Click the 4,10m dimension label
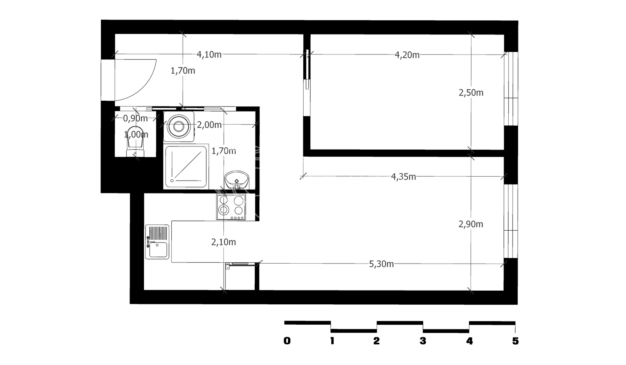click(x=209, y=54)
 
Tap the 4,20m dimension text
click(x=407, y=55)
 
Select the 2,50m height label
click(x=471, y=92)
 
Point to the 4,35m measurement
click(x=403, y=177)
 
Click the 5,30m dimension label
click(x=381, y=264)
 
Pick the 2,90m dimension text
click(x=471, y=224)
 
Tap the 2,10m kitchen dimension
click(x=223, y=242)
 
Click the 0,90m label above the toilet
click(x=135, y=118)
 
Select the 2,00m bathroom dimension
click(x=209, y=125)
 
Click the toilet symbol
click(x=135, y=141)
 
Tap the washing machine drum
click(x=178, y=126)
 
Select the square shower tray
click(x=186, y=166)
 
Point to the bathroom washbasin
click(x=237, y=180)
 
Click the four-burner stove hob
click(x=231, y=207)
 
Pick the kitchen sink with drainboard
click(x=157, y=242)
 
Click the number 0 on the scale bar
click(x=287, y=341)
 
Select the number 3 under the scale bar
click(x=423, y=341)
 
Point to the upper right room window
click(x=511, y=89)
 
